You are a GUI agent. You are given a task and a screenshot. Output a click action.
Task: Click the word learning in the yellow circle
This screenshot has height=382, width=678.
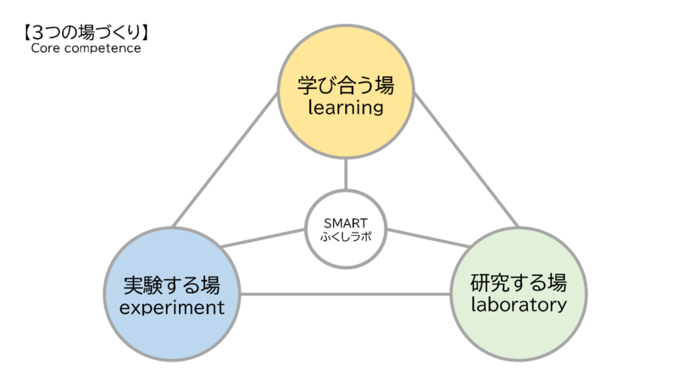[x=346, y=108]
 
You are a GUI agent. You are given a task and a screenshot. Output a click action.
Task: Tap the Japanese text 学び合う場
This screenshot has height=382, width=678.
[x=346, y=85]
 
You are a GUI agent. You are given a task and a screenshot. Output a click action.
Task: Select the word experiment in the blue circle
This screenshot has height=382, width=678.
[x=173, y=306]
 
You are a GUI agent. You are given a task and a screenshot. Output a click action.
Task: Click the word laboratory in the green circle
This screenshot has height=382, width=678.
[x=519, y=304]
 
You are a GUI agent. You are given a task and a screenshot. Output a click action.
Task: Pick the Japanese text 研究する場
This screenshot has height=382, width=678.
[x=519, y=281]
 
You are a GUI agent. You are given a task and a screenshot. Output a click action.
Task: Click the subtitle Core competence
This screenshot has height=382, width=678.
[x=86, y=48]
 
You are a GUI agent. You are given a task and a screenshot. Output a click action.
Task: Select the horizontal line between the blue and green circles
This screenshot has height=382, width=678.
[x=346, y=295]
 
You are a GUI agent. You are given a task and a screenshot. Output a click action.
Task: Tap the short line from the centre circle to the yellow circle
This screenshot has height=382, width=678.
[x=346, y=174]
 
